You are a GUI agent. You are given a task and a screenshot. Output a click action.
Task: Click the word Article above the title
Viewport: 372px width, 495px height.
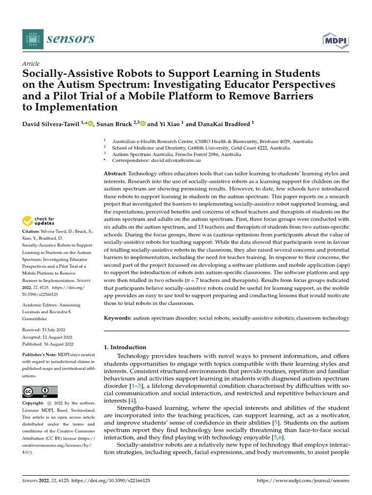tap(31, 64)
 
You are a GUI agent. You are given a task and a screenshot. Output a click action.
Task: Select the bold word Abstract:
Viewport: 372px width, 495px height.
tap(116, 173)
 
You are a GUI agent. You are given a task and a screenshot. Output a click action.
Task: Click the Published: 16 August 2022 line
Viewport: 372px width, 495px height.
tap(48, 344)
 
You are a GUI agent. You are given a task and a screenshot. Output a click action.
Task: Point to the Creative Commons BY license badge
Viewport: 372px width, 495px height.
tap(40, 392)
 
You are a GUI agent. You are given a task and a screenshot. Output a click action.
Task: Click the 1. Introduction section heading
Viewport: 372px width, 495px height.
tap(125, 347)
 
